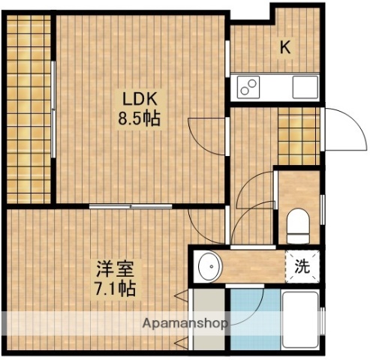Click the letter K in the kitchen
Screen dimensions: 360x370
coord(285,46)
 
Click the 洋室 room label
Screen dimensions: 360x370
coord(110,268)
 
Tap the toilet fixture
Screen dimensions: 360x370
coord(298,222)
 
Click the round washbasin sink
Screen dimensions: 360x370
coord(209,265)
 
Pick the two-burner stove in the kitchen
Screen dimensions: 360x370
coord(248,87)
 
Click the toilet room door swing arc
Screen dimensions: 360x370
coord(255,187)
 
